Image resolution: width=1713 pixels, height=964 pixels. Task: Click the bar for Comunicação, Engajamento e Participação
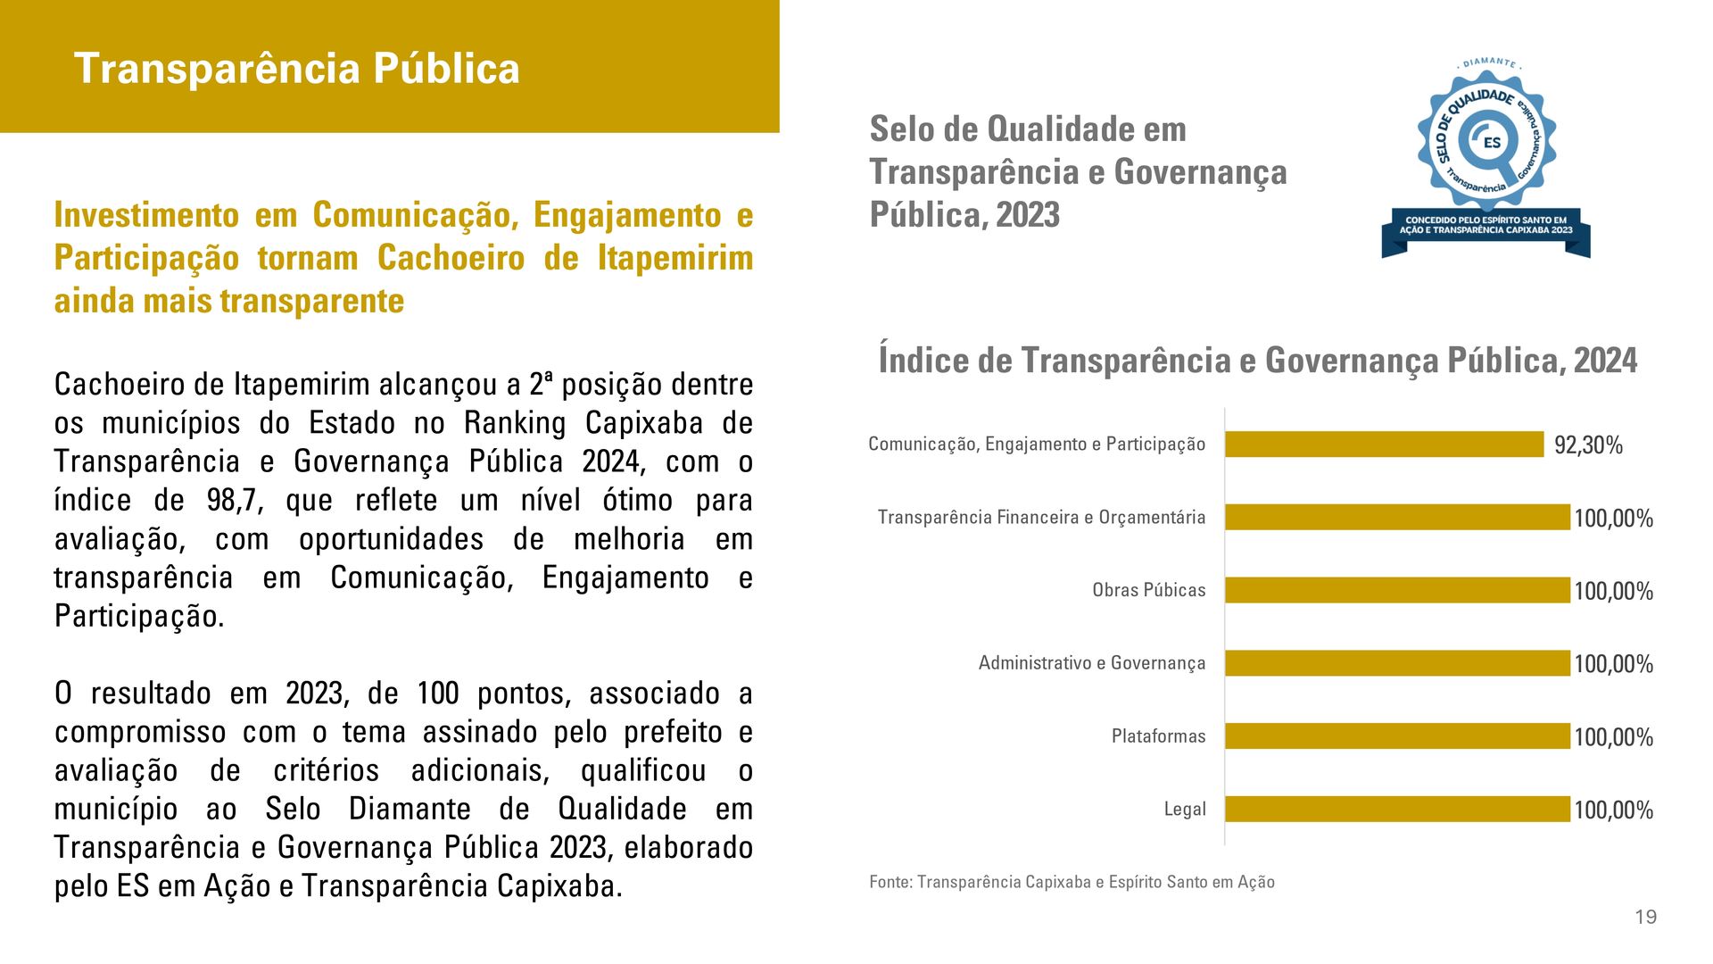1384,445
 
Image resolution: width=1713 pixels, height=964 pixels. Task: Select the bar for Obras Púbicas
1397,590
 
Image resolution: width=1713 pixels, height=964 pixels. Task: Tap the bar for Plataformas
1397,736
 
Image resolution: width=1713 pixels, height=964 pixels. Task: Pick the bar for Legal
1397,809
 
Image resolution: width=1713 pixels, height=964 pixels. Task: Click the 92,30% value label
1588,445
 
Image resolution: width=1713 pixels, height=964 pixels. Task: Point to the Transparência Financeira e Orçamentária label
1041,518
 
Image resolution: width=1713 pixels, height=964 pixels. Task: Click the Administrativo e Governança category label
1092,663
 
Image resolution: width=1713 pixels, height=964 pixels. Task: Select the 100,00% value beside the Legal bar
1613,810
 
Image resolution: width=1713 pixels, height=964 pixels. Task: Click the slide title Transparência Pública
296,69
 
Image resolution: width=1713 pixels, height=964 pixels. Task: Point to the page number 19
1646,917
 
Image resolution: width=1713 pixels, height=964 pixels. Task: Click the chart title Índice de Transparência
1257,361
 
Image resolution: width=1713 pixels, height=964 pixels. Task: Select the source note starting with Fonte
1072,882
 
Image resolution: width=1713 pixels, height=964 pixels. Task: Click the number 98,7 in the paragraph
235,501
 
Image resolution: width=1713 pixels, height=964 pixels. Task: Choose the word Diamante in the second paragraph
410,809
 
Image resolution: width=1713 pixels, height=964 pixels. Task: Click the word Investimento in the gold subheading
146,215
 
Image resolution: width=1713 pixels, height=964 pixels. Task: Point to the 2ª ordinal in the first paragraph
541,385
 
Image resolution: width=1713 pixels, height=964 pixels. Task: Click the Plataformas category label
1158,736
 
